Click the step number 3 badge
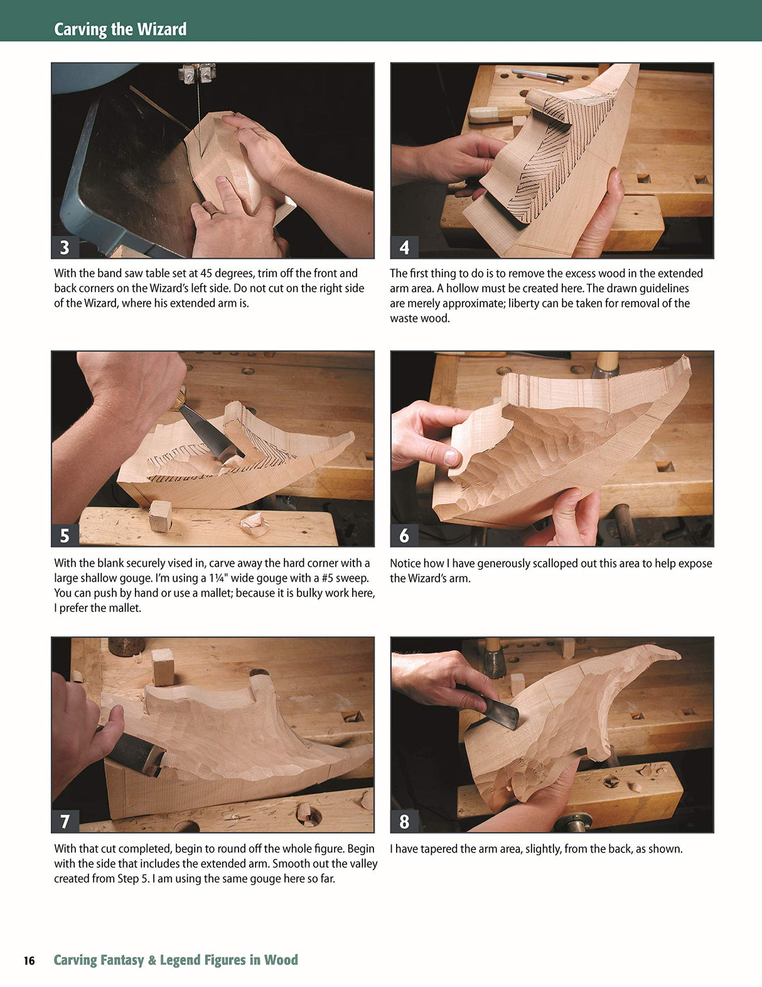pyautogui.click(x=65, y=247)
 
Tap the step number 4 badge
pyautogui.click(x=404, y=247)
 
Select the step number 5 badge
pyautogui.click(x=65, y=535)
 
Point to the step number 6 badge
pyautogui.click(x=404, y=535)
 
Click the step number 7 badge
pyautogui.click(x=65, y=821)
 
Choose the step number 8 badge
pyautogui.click(x=404, y=821)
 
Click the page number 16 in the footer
pyautogui.click(x=29, y=961)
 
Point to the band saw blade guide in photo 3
pyautogui.click(x=198, y=74)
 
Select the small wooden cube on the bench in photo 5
pyautogui.click(x=160, y=515)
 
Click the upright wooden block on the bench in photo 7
pyautogui.click(x=163, y=667)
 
